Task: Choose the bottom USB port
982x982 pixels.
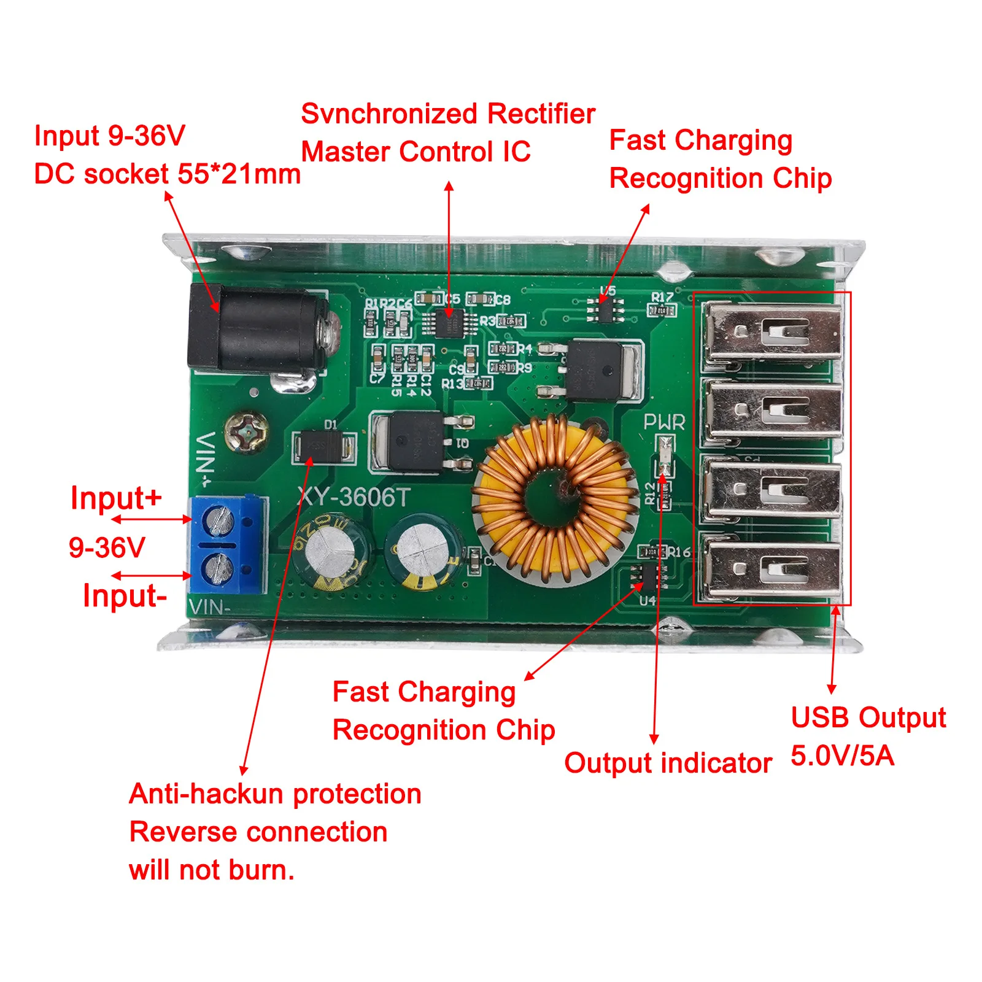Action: coord(772,568)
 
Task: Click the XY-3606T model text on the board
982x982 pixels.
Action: coord(353,497)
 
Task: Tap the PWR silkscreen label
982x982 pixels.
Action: coord(664,422)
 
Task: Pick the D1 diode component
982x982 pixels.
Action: coord(325,446)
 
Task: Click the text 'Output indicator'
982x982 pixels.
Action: coord(668,763)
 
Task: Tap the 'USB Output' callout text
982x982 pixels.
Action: coord(868,717)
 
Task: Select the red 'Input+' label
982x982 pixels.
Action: coord(116,498)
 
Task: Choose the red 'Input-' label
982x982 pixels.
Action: coord(125,595)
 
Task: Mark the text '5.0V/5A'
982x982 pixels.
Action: coord(842,756)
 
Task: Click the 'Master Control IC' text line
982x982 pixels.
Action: coord(416,152)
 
